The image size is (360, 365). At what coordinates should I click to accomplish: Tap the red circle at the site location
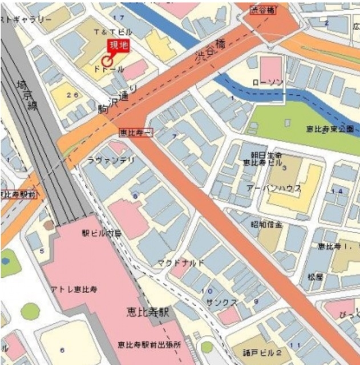[107, 61]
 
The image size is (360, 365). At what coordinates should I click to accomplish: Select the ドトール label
[108, 69]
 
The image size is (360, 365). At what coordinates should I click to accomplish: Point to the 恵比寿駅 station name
[149, 313]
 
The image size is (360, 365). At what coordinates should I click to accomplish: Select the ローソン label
[268, 83]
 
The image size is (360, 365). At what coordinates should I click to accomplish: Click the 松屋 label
[315, 277]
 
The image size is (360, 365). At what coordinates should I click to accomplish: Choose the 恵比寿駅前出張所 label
[149, 344]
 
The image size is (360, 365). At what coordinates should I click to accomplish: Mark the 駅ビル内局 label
[102, 233]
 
